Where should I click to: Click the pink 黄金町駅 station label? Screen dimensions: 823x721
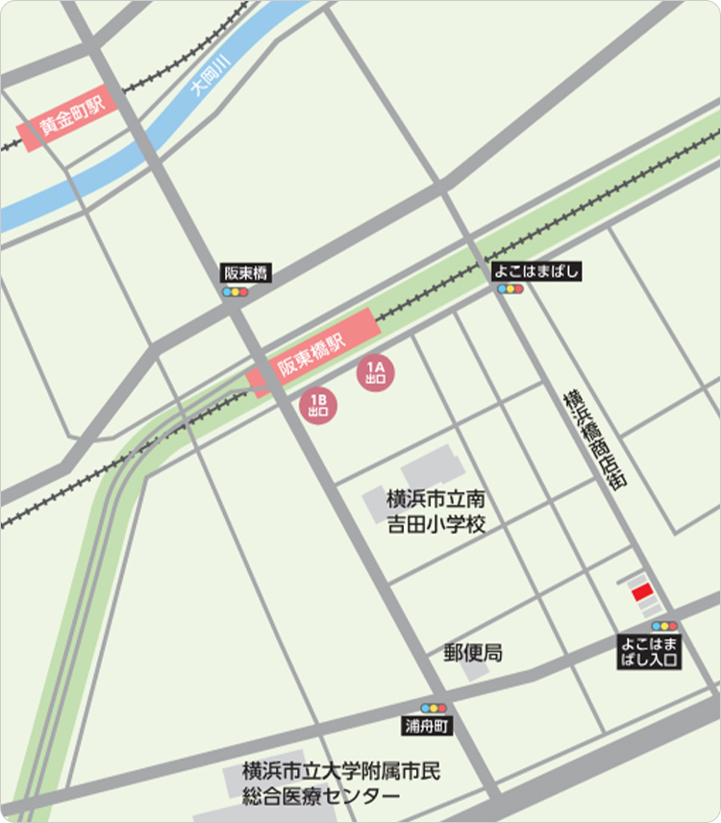(x=71, y=120)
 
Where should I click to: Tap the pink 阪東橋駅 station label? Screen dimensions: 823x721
(x=311, y=353)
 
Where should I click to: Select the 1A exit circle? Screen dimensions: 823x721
(x=375, y=372)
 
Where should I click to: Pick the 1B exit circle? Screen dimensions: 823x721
(x=318, y=405)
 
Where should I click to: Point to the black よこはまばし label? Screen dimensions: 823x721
(x=537, y=271)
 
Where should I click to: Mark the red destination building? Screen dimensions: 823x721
(x=642, y=592)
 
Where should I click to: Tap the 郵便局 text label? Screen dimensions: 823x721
(x=472, y=653)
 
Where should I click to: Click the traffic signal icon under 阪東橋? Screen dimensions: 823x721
(x=235, y=291)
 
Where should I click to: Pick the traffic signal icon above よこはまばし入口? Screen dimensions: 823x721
(x=664, y=626)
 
